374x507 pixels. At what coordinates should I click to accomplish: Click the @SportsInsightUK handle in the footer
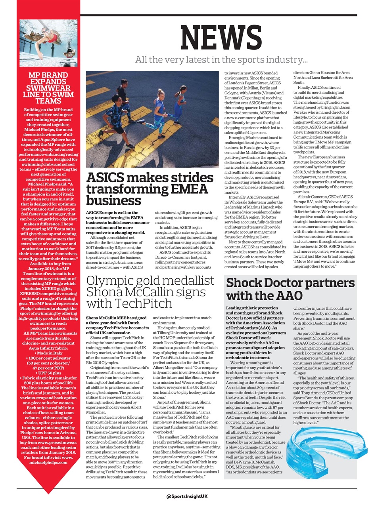187,496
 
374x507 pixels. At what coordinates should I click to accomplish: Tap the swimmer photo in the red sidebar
48,43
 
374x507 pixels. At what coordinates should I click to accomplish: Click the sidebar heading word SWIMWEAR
48,88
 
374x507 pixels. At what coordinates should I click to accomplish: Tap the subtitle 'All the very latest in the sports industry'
221,60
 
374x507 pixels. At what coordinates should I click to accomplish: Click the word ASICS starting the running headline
105,177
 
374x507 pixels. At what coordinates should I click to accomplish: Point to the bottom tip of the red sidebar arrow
48,493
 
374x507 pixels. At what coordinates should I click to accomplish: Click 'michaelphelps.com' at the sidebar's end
48,463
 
